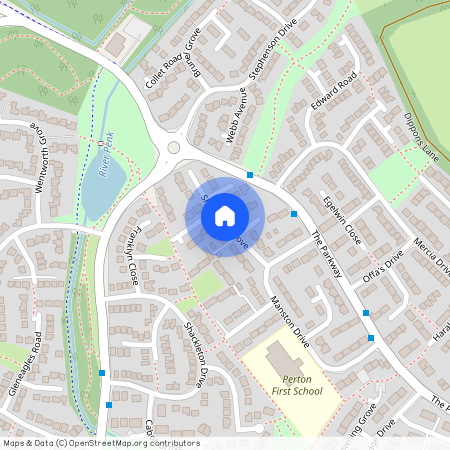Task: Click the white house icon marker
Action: pyautogui.click(x=225, y=215)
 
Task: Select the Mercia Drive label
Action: pyautogui.click(x=430, y=256)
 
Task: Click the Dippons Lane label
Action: pyautogui.click(x=423, y=140)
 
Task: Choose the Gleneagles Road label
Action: pyautogui.click(x=24, y=362)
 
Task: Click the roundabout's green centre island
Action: pyautogui.click(x=174, y=147)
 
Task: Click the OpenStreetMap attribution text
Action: pyautogui.click(x=100, y=443)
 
